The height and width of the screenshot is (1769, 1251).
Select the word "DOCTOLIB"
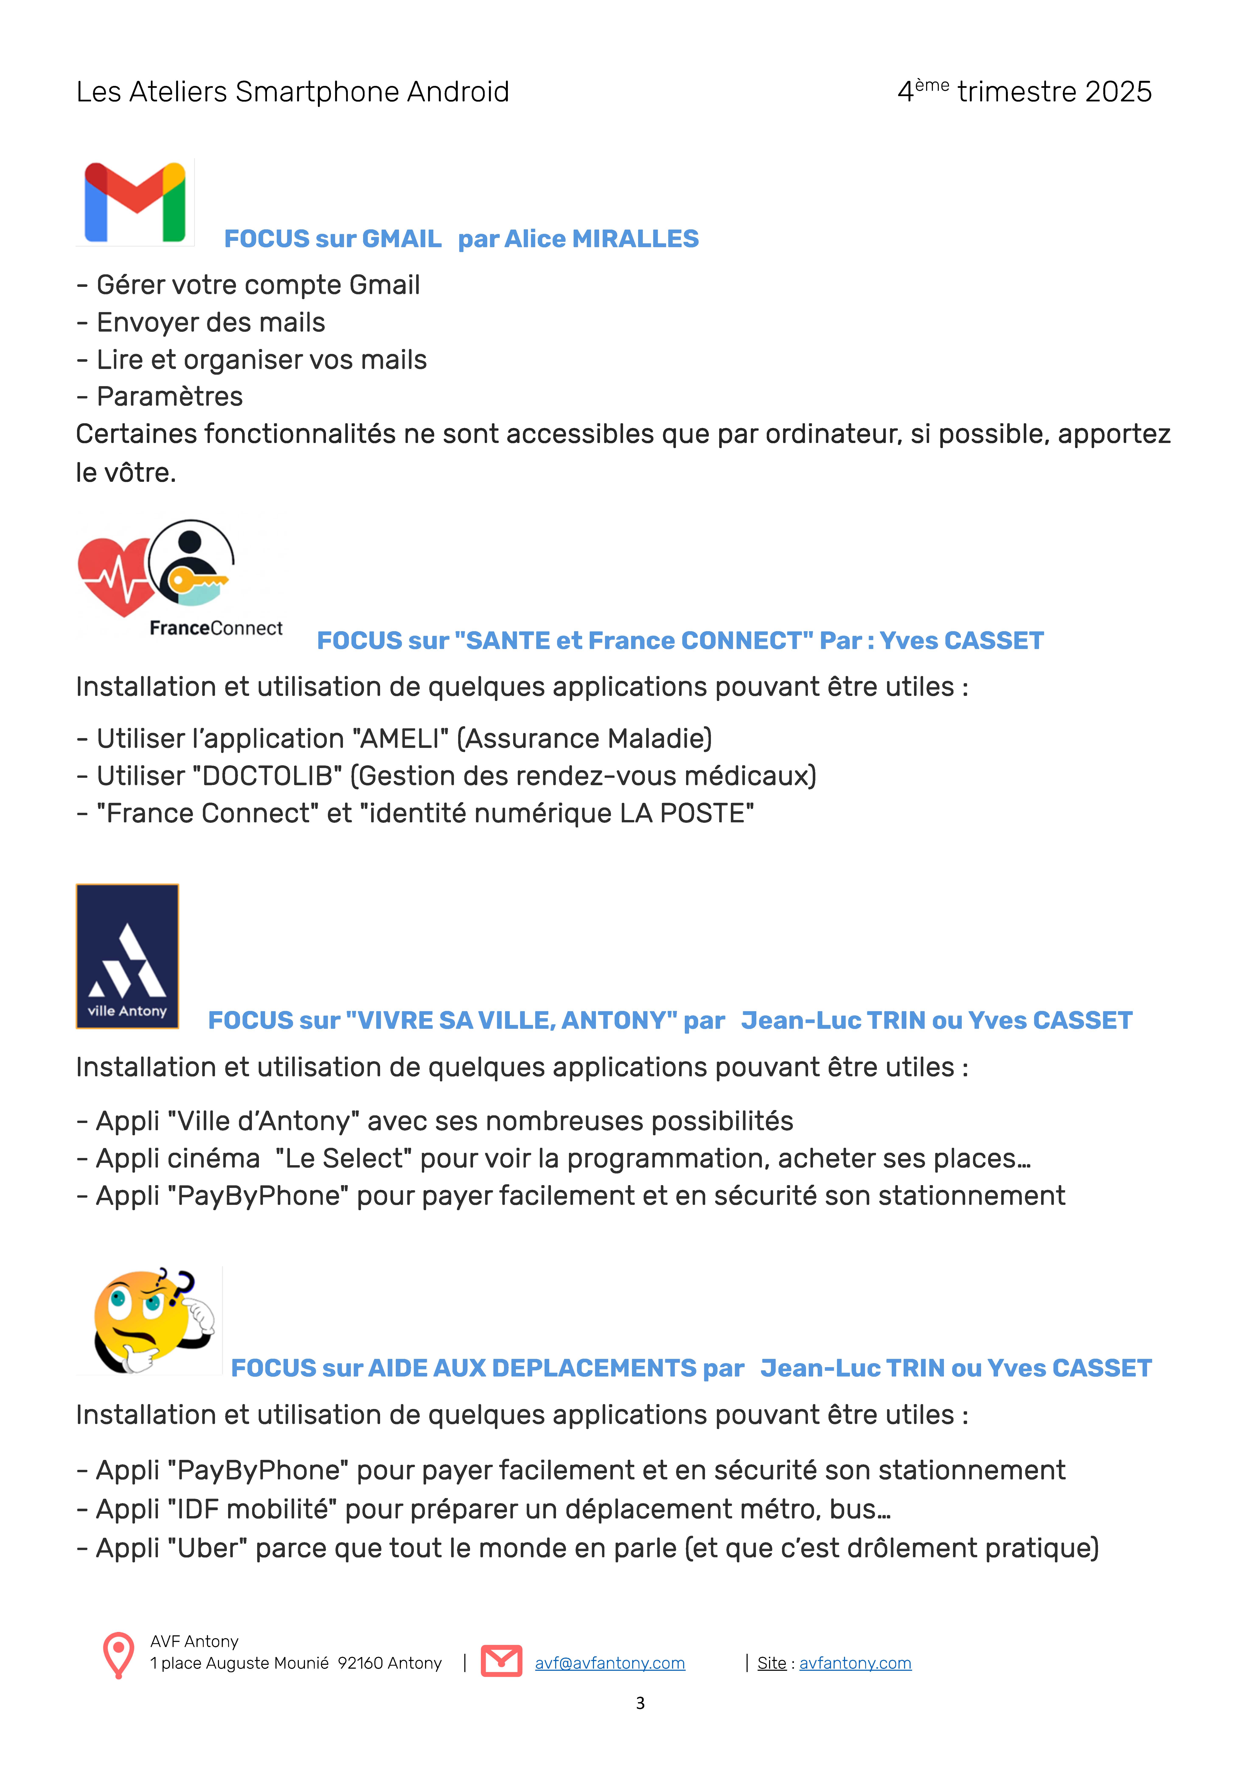click(x=271, y=776)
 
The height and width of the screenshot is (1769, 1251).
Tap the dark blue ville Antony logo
click(x=127, y=956)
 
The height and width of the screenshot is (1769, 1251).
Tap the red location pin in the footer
click(x=118, y=1655)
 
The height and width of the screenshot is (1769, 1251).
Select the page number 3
click(x=640, y=1703)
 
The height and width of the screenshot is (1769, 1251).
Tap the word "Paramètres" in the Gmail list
click(x=170, y=397)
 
